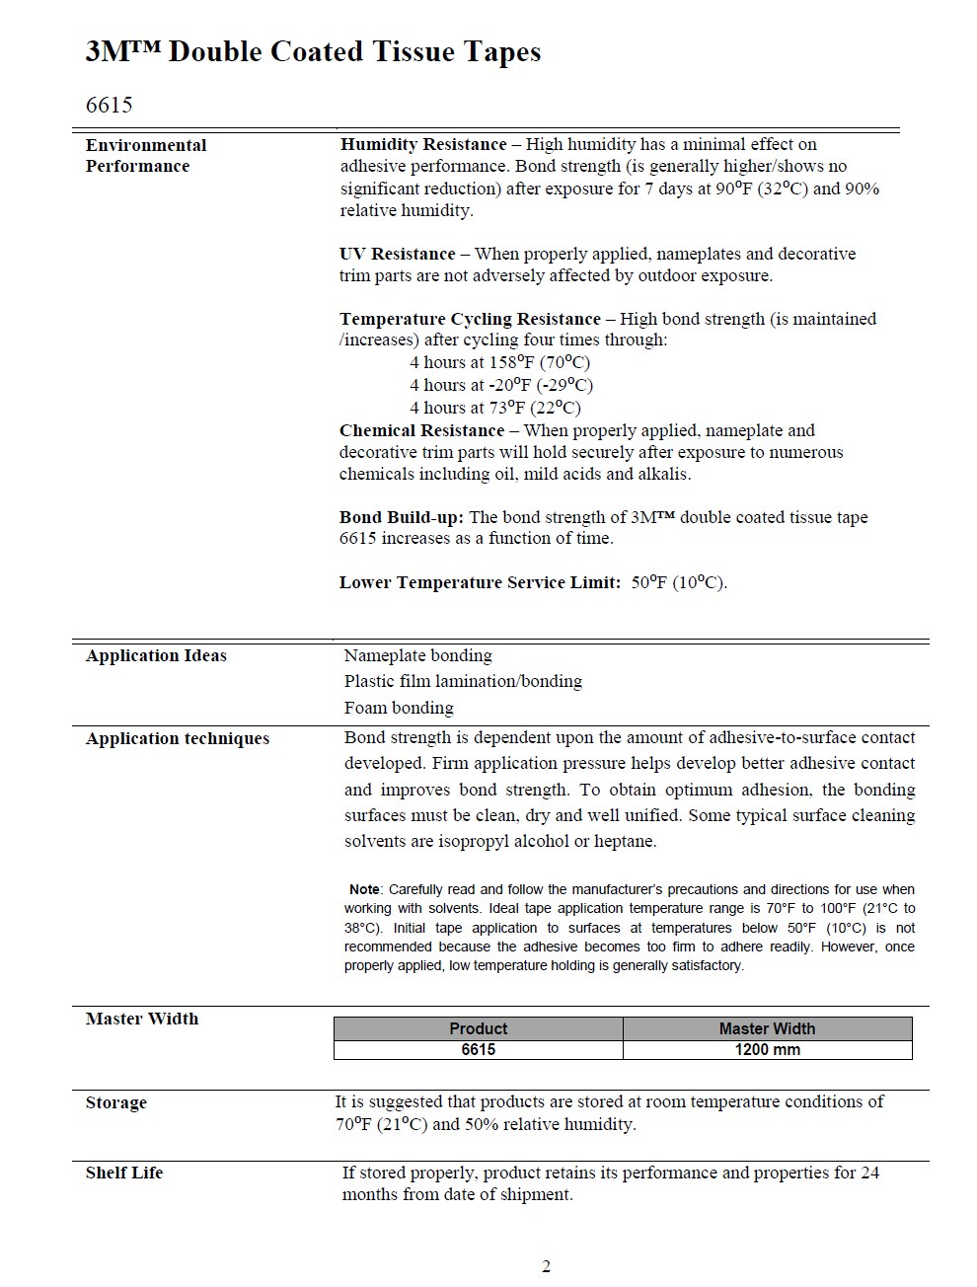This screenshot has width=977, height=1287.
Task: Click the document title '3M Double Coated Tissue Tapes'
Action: point(313,52)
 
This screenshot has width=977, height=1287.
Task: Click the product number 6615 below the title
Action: point(109,105)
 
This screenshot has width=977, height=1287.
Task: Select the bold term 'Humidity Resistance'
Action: point(423,144)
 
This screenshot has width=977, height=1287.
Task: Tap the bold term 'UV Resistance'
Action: point(398,254)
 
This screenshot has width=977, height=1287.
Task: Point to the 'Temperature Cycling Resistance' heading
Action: point(470,319)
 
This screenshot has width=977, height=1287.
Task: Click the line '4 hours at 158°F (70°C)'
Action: point(499,362)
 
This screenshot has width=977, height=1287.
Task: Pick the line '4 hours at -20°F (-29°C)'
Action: point(501,385)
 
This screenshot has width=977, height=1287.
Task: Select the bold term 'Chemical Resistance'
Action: point(421,430)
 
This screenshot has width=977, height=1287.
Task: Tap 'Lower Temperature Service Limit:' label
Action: point(480,582)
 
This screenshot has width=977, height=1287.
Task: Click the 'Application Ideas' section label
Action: point(156,655)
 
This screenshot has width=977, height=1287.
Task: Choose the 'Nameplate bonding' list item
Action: point(417,655)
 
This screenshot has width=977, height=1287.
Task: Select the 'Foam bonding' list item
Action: point(399,708)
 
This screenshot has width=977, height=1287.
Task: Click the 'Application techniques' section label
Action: point(178,738)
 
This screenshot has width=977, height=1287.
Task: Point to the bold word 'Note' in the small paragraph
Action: point(364,889)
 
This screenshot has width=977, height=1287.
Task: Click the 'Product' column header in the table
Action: point(478,1028)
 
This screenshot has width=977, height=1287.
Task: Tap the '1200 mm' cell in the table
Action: point(767,1049)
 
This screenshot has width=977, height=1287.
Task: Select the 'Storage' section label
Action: point(116,1102)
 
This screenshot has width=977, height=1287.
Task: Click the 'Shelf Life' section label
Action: point(124,1173)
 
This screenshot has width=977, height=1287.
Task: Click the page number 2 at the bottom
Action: point(546,1266)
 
